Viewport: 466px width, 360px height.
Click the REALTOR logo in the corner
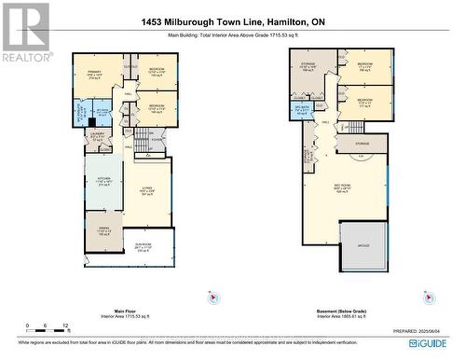click(25, 32)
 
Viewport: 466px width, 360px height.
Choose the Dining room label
click(103, 232)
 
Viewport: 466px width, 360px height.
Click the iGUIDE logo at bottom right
click(438, 342)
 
